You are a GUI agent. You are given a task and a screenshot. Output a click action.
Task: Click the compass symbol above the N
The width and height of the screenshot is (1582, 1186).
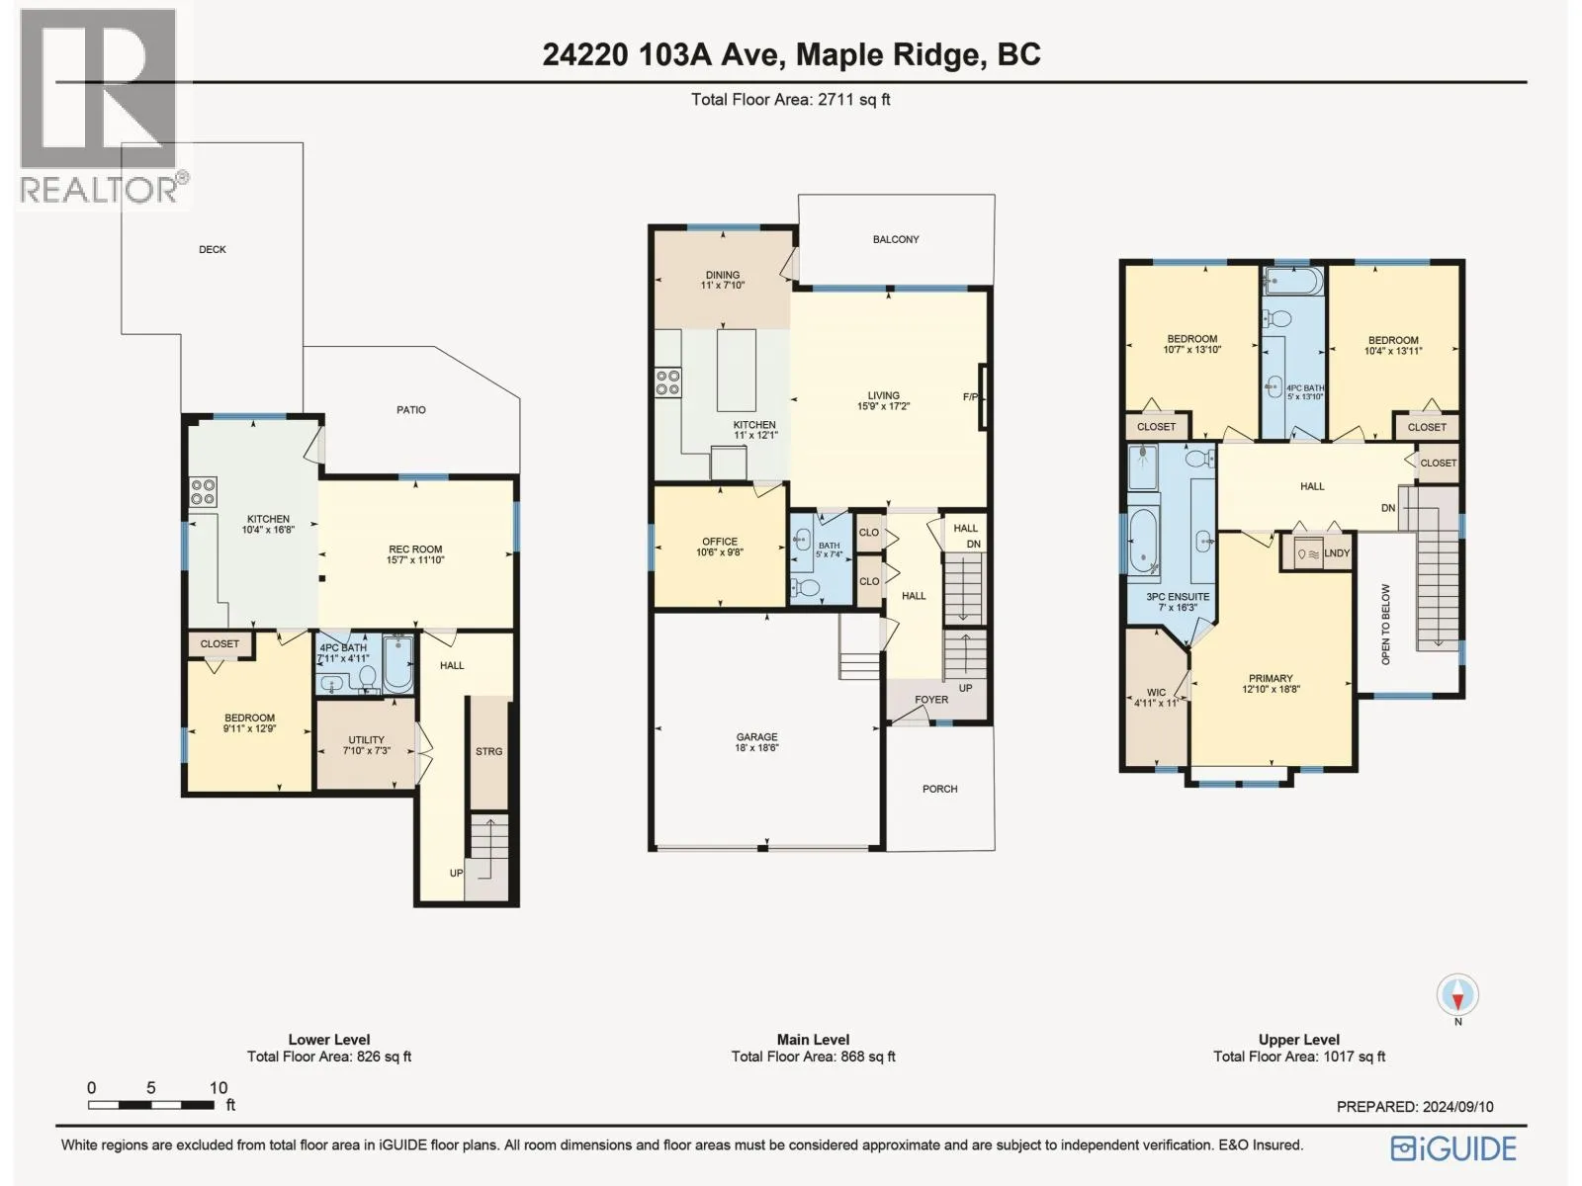[x=1457, y=995]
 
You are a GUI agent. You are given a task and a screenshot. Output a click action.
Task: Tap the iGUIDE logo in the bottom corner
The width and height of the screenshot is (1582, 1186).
[x=1453, y=1147]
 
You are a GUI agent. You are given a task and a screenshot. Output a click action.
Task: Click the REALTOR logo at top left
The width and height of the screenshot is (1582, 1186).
[x=101, y=107]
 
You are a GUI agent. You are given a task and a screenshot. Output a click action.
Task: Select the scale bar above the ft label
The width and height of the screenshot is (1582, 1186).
[x=151, y=1105]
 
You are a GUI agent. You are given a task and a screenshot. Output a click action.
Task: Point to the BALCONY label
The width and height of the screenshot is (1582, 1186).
[x=896, y=239]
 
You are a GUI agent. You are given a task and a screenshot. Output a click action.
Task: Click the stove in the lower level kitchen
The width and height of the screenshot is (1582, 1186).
[x=203, y=492]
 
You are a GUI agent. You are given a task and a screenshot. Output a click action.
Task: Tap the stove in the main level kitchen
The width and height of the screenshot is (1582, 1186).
[x=667, y=382]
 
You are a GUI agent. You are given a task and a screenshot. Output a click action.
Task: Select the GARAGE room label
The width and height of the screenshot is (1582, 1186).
[x=756, y=736]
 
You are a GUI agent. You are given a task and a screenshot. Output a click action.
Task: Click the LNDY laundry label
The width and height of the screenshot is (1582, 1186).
[x=1337, y=553]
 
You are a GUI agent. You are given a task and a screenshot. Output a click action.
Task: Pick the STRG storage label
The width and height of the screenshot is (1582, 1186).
[x=488, y=751]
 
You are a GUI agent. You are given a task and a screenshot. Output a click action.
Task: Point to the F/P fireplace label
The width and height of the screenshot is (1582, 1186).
[x=970, y=396]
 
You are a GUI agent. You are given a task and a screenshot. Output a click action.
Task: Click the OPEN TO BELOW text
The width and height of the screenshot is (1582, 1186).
[x=1385, y=624]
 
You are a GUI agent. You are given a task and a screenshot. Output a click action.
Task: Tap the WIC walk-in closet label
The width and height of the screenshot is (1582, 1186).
[x=1156, y=692]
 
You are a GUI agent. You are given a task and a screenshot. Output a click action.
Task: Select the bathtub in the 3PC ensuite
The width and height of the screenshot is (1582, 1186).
[x=1142, y=541]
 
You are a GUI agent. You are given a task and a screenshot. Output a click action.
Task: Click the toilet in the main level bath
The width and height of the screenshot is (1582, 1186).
[x=807, y=588]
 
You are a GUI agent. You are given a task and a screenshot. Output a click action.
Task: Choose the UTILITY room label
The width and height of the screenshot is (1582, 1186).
[x=366, y=739]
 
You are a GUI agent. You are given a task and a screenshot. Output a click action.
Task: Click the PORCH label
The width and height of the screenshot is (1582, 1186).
[x=940, y=789]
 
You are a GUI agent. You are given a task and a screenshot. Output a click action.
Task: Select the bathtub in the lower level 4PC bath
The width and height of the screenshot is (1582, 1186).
[x=397, y=664]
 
